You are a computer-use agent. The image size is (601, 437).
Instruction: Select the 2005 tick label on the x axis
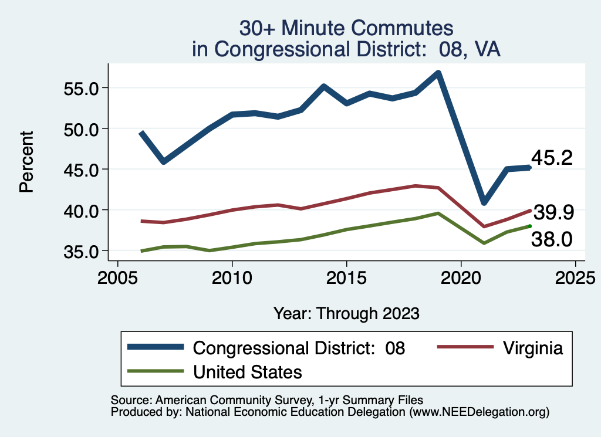(x=117, y=276)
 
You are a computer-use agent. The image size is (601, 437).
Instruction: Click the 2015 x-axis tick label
(x=346, y=276)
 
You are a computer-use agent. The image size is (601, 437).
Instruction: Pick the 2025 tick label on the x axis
(x=575, y=276)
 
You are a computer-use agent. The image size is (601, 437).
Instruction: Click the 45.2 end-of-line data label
(x=552, y=158)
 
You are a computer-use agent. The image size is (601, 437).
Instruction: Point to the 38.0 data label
(x=552, y=239)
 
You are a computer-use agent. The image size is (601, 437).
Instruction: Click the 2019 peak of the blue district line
(x=438, y=73)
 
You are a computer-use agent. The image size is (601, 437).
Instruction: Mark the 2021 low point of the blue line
(x=484, y=202)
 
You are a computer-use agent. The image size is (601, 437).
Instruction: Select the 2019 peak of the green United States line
(x=438, y=214)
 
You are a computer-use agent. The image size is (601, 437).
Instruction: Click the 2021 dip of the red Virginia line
(x=484, y=226)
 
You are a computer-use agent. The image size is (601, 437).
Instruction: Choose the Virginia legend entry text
(x=532, y=348)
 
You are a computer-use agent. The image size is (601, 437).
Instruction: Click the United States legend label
(x=247, y=371)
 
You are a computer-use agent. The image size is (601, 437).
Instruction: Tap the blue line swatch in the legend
(x=156, y=348)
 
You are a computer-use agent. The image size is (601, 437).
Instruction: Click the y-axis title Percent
(x=26, y=161)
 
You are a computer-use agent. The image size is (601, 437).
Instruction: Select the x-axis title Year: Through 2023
(x=346, y=313)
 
